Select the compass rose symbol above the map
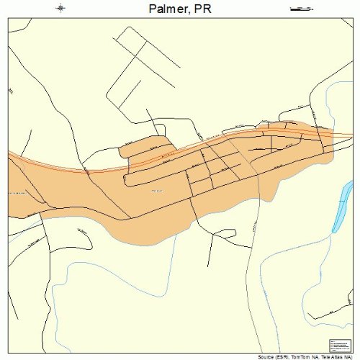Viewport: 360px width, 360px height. (x=61, y=8)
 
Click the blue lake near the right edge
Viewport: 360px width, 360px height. (x=340, y=209)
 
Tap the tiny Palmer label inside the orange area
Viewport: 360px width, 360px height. (x=157, y=190)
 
